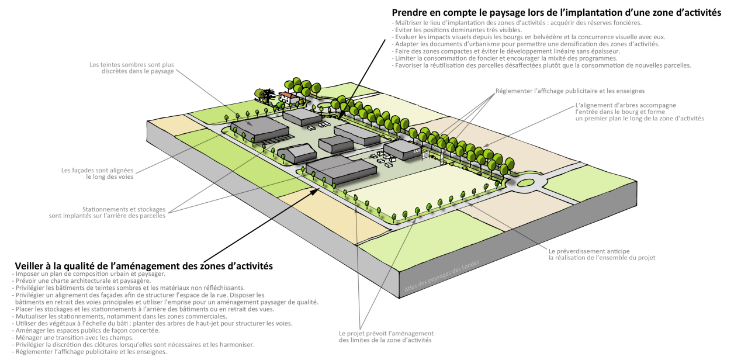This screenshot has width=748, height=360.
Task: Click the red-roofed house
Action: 288,97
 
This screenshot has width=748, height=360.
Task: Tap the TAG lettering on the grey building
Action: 417,151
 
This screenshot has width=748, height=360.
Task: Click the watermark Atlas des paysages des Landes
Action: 442,276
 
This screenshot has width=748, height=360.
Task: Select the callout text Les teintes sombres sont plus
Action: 131,65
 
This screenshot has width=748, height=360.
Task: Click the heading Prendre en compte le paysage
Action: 556,13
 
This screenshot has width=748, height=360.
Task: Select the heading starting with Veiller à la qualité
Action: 144,266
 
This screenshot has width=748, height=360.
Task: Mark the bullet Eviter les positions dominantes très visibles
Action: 457,30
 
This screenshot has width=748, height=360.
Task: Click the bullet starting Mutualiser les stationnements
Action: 120,316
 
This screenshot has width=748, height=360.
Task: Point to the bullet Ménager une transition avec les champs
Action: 73,338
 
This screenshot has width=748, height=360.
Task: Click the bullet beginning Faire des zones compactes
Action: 506,51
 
